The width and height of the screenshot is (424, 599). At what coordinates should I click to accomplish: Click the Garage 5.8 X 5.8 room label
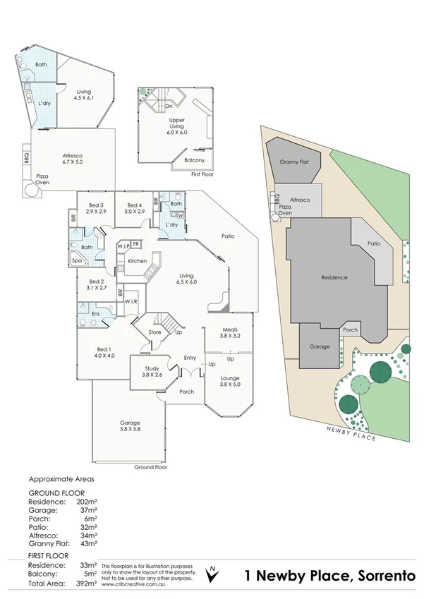(129, 428)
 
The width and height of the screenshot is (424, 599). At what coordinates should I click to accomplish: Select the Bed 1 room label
(105, 351)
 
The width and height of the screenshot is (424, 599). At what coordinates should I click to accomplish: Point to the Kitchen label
(138, 261)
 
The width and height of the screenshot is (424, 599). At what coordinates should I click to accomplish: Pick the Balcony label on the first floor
(194, 160)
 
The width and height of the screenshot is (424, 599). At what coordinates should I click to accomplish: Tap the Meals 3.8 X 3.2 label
(229, 333)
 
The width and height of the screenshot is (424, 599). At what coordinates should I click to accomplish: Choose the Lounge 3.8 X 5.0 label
(230, 382)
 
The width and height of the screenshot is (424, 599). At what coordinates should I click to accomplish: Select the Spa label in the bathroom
(77, 261)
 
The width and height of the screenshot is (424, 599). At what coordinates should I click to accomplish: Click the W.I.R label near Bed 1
(132, 302)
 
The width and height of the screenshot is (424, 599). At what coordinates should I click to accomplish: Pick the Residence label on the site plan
(334, 277)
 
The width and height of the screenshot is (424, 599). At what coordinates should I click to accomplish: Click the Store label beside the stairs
(155, 332)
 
